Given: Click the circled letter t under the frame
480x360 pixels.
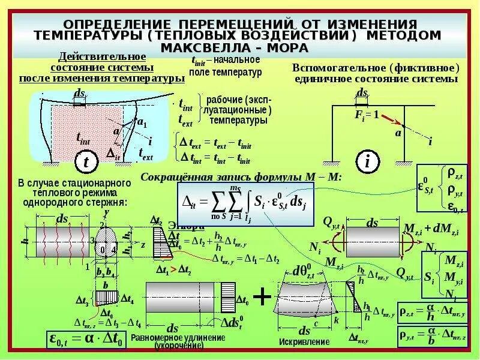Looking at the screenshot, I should click(x=86, y=161).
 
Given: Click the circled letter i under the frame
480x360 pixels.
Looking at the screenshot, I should click(x=366, y=161).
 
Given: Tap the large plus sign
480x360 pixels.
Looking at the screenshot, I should click(x=262, y=296).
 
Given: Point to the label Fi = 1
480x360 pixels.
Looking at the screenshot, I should click(x=367, y=115).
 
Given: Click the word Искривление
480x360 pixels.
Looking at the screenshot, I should click(x=304, y=341).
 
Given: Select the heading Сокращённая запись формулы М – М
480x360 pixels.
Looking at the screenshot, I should click(x=241, y=177).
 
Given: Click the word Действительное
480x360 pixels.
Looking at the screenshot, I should click(x=101, y=57).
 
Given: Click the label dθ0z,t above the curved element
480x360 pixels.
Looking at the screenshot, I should click(x=303, y=271).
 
